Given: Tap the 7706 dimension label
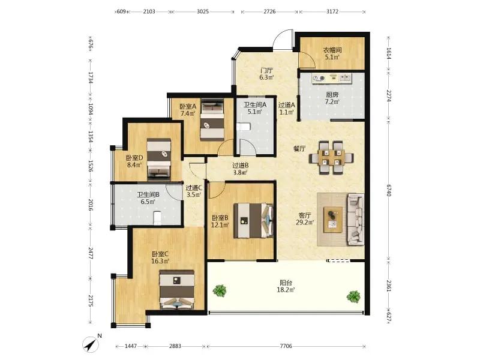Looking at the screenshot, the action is [x=286, y=346].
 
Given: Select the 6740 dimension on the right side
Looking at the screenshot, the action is [x=389, y=190].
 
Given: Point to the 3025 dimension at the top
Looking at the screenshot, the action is [x=203, y=11].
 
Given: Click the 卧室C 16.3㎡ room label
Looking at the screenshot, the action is [x=160, y=258].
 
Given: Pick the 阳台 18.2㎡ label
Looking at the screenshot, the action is [x=286, y=286].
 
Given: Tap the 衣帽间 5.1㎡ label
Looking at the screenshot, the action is [x=332, y=53].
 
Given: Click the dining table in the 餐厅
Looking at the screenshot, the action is [x=332, y=158].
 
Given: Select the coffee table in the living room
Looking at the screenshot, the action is [x=333, y=220].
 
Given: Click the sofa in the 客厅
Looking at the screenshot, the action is [x=356, y=219].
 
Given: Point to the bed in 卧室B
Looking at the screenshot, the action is [x=253, y=220].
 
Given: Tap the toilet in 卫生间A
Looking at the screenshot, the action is [x=244, y=127].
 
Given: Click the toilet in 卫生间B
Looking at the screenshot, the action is [x=157, y=218].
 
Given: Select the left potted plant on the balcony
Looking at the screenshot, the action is [x=220, y=290].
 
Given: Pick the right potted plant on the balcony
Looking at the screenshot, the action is [x=353, y=296].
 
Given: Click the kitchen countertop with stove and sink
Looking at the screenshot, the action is [x=332, y=78].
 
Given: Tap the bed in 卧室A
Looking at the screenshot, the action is [x=212, y=119].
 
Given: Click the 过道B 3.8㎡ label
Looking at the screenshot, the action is [x=241, y=169].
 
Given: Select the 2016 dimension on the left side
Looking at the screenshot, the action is [x=91, y=205].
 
